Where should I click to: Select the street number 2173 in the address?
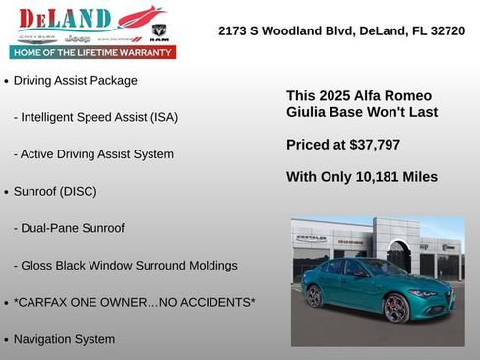point(235,31)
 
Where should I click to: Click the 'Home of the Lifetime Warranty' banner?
point(92,52)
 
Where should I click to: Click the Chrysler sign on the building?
point(311,238)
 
